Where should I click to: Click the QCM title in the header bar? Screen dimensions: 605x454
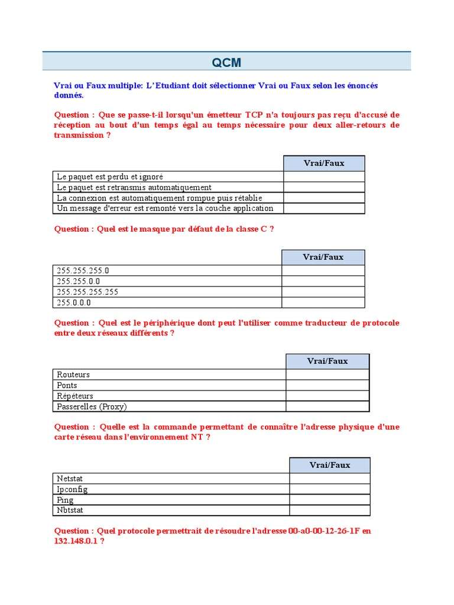pyautogui.click(x=227, y=63)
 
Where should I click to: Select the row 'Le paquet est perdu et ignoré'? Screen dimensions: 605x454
pyautogui.click(x=110, y=177)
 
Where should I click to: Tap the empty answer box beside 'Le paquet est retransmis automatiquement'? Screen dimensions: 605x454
pyautogui.click(x=324, y=187)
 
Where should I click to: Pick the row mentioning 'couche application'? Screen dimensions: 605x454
pyautogui.click(x=165, y=209)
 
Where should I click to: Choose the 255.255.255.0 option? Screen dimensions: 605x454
pyautogui.click(x=83, y=271)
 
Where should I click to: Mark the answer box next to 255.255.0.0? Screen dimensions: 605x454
pyautogui.click(x=323, y=281)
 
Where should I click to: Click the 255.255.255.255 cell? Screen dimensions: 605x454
pyautogui.click(x=87, y=292)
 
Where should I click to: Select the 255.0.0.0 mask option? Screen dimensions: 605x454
pyautogui.click(x=74, y=302)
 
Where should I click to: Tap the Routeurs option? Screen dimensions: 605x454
pyautogui.click(x=73, y=375)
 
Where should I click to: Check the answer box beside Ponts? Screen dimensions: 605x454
pyautogui.click(x=327, y=385)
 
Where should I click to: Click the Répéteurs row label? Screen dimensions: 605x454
pyautogui.click(x=75, y=396)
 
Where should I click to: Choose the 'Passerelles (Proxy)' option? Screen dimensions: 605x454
pyautogui.click(x=92, y=406)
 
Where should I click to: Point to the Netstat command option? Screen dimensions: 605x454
pyautogui.click(x=70, y=479)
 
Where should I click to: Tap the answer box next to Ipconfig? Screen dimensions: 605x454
pyautogui.click(x=329, y=489)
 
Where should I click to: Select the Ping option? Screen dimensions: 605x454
pyautogui.click(x=65, y=500)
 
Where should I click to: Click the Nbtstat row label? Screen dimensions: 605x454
pyautogui.click(x=71, y=510)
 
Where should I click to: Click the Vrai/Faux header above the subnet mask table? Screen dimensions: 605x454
pyautogui.click(x=323, y=257)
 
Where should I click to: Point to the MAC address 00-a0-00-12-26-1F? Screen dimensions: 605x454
pyautogui.click(x=324, y=531)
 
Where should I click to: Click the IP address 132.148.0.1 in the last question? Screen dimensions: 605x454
pyautogui.click(x=76, y=541)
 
